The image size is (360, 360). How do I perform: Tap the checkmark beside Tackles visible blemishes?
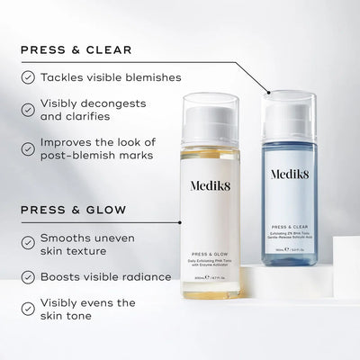[x=28, y=77]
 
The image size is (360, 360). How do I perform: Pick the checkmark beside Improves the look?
[x=28, y=144]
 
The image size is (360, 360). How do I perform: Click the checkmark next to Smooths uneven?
[x=28, y=241]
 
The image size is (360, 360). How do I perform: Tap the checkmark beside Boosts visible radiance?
[x=28, y=275]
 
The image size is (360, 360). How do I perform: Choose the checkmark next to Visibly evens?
[x=28, y=308]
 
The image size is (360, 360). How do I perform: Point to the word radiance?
[x=144, y=275]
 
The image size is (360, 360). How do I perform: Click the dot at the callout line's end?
[x=268, y=92]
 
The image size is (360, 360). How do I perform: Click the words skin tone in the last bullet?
[x=71, y=317]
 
